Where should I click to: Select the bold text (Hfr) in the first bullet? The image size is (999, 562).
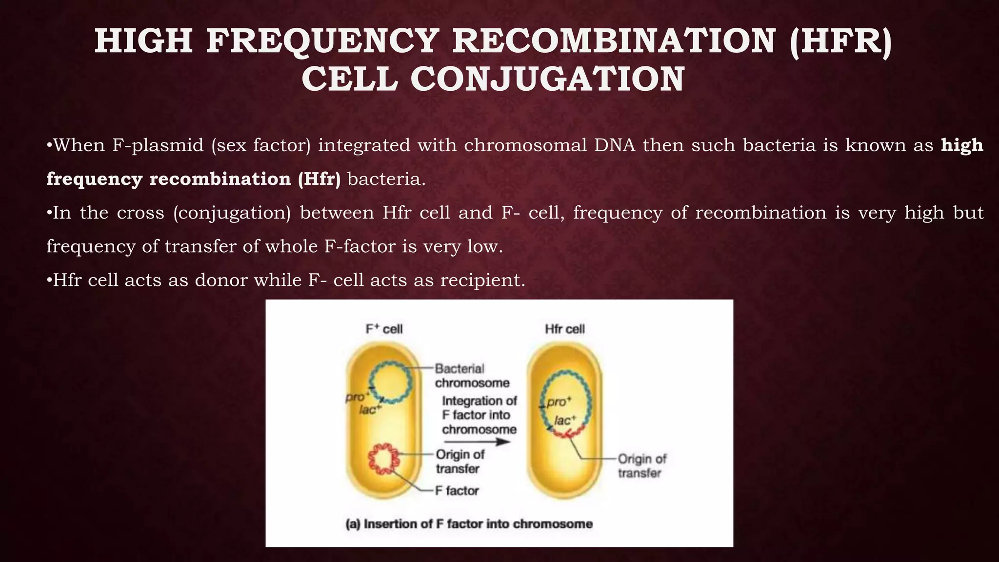(319, 179)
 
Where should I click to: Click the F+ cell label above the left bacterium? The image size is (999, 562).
(384, 329)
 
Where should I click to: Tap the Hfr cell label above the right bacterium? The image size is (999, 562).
(564, 329)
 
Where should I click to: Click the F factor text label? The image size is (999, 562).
(457, 491)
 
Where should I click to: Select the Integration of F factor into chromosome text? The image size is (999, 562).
(479, 415)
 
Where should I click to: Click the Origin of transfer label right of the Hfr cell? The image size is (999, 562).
(641, 466)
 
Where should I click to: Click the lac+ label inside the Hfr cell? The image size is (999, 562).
(565, 420)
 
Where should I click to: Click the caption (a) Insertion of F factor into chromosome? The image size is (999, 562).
(469, 524)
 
